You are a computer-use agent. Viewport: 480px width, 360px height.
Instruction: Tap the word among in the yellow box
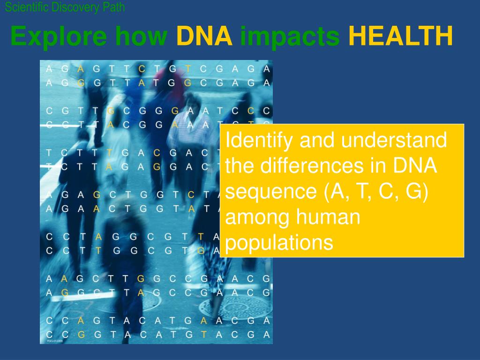pyautogui.click(x=253, y=218)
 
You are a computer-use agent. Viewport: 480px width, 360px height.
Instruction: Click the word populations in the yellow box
pyautogui.click(x=279, y=243)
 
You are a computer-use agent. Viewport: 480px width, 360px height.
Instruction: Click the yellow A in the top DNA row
pyautogui.click(x=81, y=69)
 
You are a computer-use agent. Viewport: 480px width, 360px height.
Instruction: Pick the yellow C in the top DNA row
pyautogui.click(x=142, y=69)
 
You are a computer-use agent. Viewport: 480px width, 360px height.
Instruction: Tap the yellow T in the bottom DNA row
pyautogui.click(x=204, y=335)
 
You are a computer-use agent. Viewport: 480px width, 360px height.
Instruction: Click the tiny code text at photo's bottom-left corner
pyautogui.click(x=54, y=341)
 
